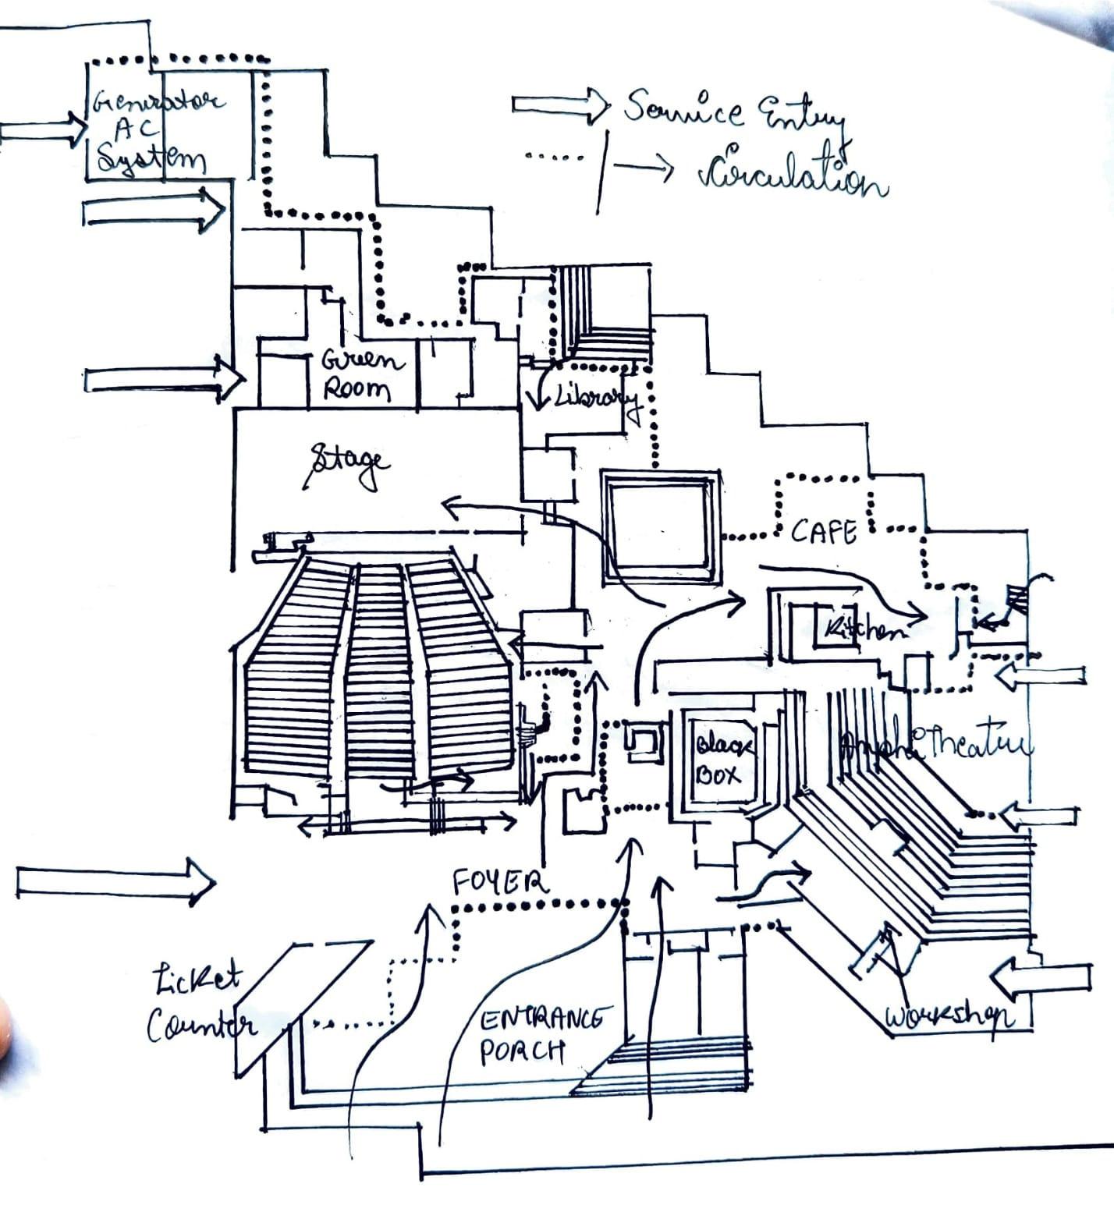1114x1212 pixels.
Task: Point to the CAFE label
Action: click(824, 533)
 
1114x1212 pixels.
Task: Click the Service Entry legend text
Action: click(733, 113)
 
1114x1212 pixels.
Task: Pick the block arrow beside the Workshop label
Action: click(1041, 978)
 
